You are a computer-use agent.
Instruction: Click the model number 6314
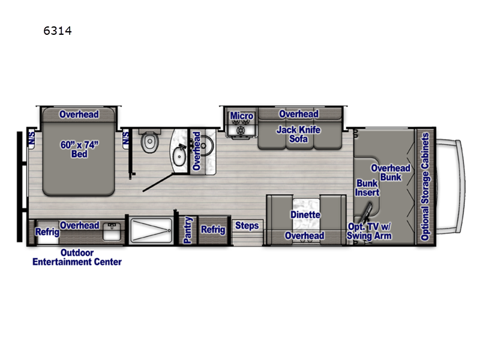(58, 31)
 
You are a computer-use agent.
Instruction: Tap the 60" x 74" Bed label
(79, 149)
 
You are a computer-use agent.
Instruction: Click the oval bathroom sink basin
(179, 156)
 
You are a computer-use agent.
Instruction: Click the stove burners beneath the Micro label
(242, 130)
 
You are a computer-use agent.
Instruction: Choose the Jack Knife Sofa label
(298, 134)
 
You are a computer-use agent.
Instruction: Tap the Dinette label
(305, 214)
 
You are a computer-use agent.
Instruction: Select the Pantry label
(188, 230)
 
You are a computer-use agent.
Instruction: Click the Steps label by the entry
(247, 226)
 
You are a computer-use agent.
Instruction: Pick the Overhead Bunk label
(391, 173)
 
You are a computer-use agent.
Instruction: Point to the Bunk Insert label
(368, 188)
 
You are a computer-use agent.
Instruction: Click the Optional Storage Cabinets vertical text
(425, 187)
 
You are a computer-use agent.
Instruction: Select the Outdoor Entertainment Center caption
(77, 257)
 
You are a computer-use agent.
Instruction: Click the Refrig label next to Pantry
(212, 230)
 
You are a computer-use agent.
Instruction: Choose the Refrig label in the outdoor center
(47, 232)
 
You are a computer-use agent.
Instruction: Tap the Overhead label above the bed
(79, 114)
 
